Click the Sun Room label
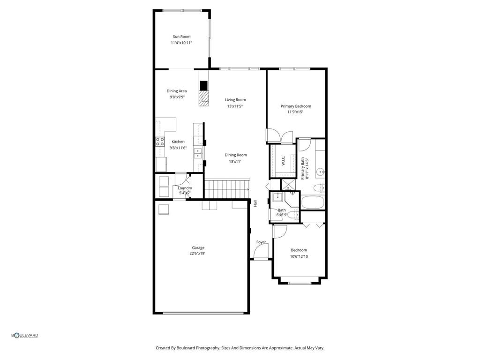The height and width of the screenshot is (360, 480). (x=181, y=37)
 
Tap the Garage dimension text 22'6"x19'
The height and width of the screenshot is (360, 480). (x=198, y=254)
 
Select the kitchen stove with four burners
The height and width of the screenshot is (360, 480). (x=160, y=141)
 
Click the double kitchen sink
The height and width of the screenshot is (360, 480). (x=198, y=152)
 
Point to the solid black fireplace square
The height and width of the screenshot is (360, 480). (x=203, y=85)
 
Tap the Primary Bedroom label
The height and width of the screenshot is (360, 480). (x=296, y=106)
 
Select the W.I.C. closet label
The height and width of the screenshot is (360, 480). (x=283, y=162)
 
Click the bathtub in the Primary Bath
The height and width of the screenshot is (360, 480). (x=312, y=202)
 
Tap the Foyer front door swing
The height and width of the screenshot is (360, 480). (x=260, y=252)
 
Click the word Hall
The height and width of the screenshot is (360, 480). (x=255, y=203)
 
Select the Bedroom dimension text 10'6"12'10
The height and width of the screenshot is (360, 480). (x=299, y=256)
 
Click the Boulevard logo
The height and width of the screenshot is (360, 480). (x=25, y=335)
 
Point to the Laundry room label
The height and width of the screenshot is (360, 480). (x=185, y=188)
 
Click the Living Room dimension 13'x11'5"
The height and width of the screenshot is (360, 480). (x=235, y=106)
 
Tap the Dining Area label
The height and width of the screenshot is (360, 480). (x=177, y=91)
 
